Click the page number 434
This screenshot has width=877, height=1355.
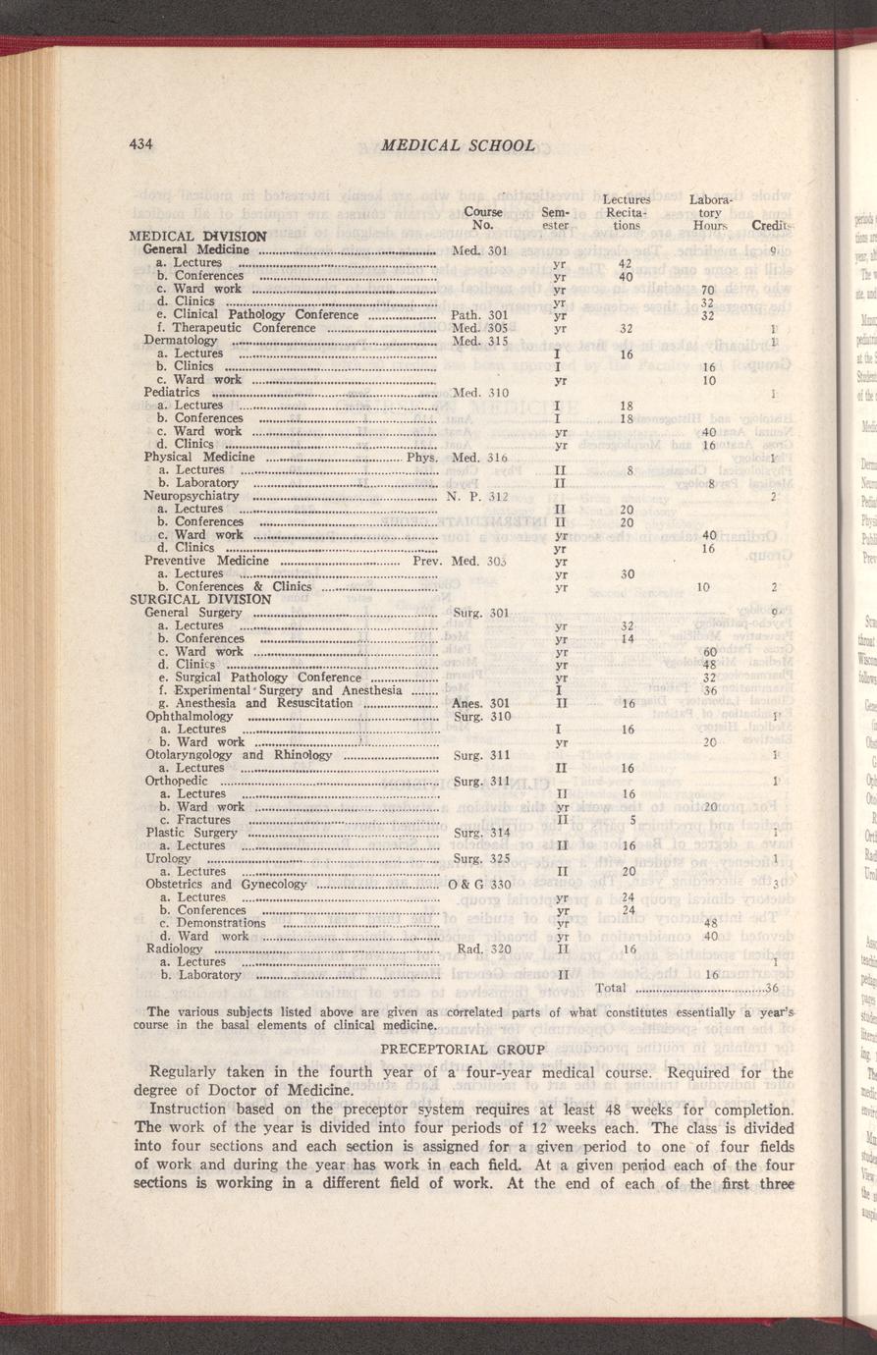pos(143,144)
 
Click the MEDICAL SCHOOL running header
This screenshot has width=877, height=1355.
pos(458,145)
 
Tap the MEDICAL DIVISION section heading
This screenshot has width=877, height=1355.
pos(198,237)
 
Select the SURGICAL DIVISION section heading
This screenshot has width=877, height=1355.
pos(200,599)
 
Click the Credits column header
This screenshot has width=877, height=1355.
pos(773,226)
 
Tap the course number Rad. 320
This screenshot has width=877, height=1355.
pos(485,949)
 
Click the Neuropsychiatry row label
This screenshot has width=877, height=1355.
pos(192,496)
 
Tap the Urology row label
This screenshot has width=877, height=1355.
pos(167,857)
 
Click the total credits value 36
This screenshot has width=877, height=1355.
pos(771,988)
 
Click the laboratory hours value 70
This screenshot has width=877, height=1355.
pos(705,290)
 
